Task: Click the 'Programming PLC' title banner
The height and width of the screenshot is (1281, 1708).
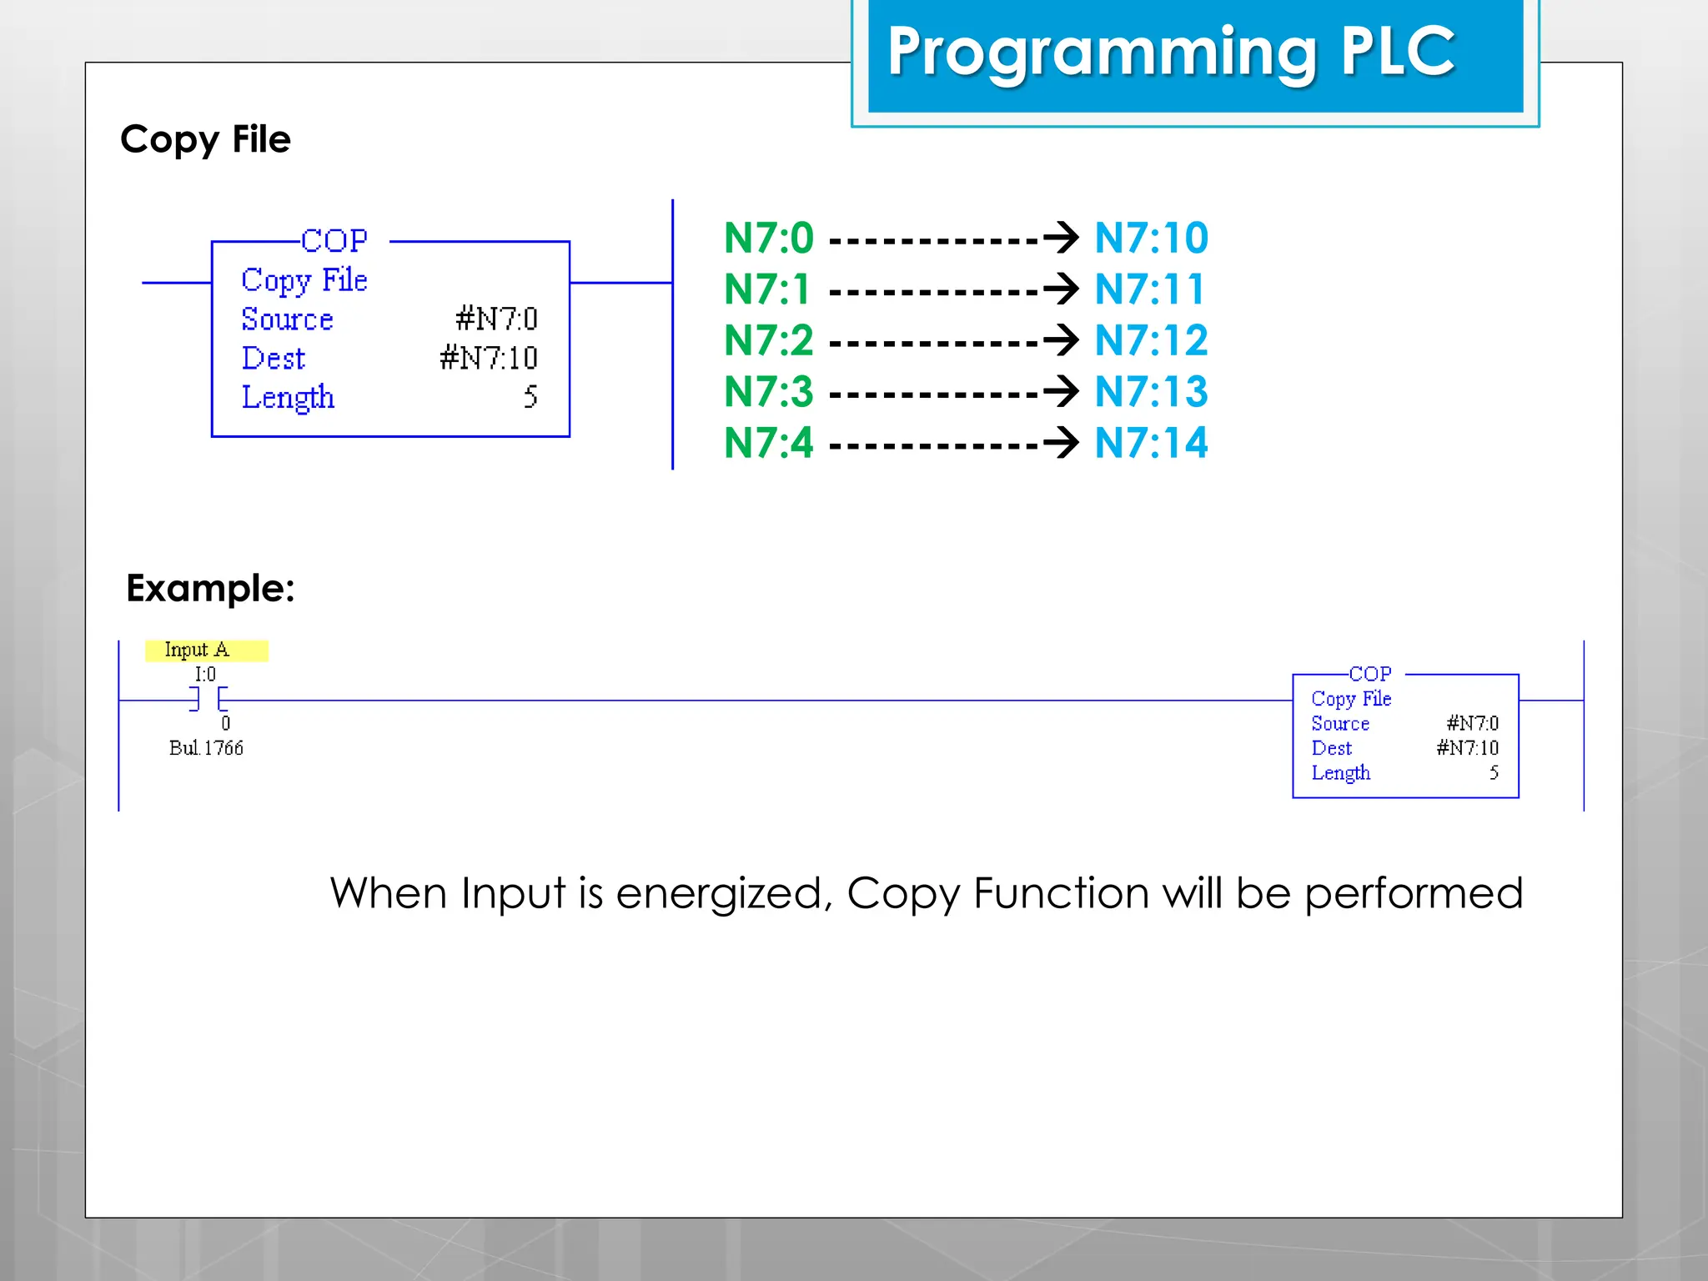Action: click(1171, 52)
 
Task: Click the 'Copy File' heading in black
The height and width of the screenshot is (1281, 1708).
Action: click(205, 139)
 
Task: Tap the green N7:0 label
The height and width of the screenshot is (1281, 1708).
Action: click(768, 239)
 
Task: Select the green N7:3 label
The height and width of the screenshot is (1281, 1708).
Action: click(768, 392)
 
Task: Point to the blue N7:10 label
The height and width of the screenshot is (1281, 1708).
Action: click(1151, 239)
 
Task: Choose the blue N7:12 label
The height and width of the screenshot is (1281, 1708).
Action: click(1151, 341)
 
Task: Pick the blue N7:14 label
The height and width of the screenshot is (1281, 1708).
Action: click(1151, 443)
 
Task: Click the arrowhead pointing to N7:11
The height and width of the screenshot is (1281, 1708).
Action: click(1063, 289)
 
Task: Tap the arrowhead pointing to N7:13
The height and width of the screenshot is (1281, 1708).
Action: click(1063, 391)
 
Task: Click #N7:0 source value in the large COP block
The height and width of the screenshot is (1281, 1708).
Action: click(496, 319)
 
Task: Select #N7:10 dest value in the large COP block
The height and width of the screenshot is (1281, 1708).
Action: click(489, 358)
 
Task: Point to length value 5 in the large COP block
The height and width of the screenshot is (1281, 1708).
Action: click(530, 397)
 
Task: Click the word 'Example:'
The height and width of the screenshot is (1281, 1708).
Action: click(210, 589)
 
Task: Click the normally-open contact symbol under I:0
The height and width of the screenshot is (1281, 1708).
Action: click(208, 700)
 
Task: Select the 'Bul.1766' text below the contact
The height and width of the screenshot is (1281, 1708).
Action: click(206, 748)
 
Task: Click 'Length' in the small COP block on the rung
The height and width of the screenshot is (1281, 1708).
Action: click(1340, 773)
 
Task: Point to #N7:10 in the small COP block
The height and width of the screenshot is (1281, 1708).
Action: click(1467, 748)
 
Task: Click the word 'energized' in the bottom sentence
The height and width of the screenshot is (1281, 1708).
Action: click(724, 894)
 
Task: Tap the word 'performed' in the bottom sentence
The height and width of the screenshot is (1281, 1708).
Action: click(1414, 894)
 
